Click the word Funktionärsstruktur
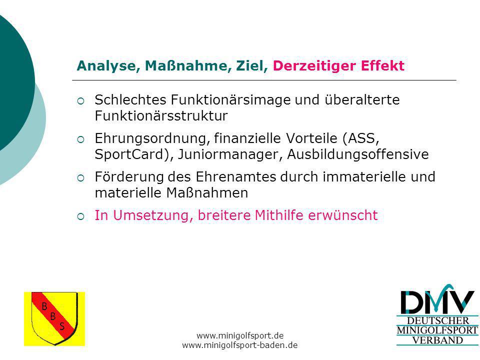tap(161, 116)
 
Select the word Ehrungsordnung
tap(152, 138)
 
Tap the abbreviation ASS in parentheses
tap(361, 138)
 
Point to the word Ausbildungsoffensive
tap(358, 154)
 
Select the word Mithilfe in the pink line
tap(279, 215)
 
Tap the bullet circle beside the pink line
tap(81, 216)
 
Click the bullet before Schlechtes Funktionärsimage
tap(81, 101)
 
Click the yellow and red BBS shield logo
tap(54, 318)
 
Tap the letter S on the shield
tap(62, 326)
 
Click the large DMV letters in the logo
tap(437, 302)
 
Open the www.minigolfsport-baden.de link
tap(239, 345)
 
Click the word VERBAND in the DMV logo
tap(437, 340)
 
